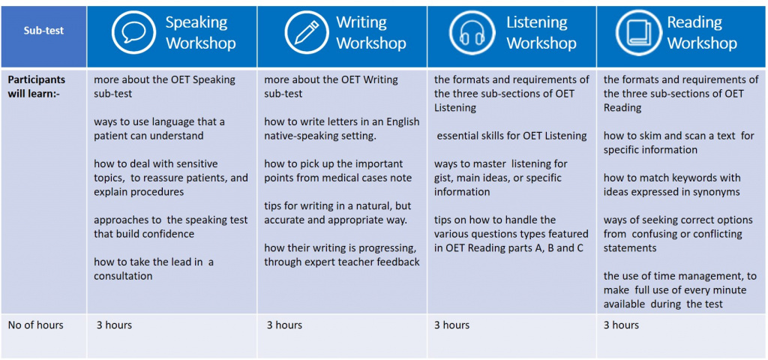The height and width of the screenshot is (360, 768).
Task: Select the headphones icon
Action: click(471, 32)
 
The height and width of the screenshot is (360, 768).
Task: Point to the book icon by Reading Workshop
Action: click(638, 32)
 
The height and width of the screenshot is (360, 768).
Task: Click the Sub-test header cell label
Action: click(43, 30)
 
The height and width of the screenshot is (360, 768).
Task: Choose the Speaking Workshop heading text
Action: click(201, 32)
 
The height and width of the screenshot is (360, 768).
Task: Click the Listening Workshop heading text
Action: click(541, 32)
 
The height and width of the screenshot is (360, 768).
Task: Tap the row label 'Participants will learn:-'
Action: click(36, 86)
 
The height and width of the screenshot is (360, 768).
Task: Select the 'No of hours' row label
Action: click(36, 325)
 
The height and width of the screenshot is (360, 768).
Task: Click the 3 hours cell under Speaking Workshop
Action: click(114, 325)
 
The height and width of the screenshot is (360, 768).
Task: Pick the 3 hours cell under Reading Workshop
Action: click(621, 325)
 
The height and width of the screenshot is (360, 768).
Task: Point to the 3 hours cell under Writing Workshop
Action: click(284, 325)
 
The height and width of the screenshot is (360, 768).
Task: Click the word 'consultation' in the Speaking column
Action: click(123, 276)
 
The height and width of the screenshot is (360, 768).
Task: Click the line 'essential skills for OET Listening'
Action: click(511, 136)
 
